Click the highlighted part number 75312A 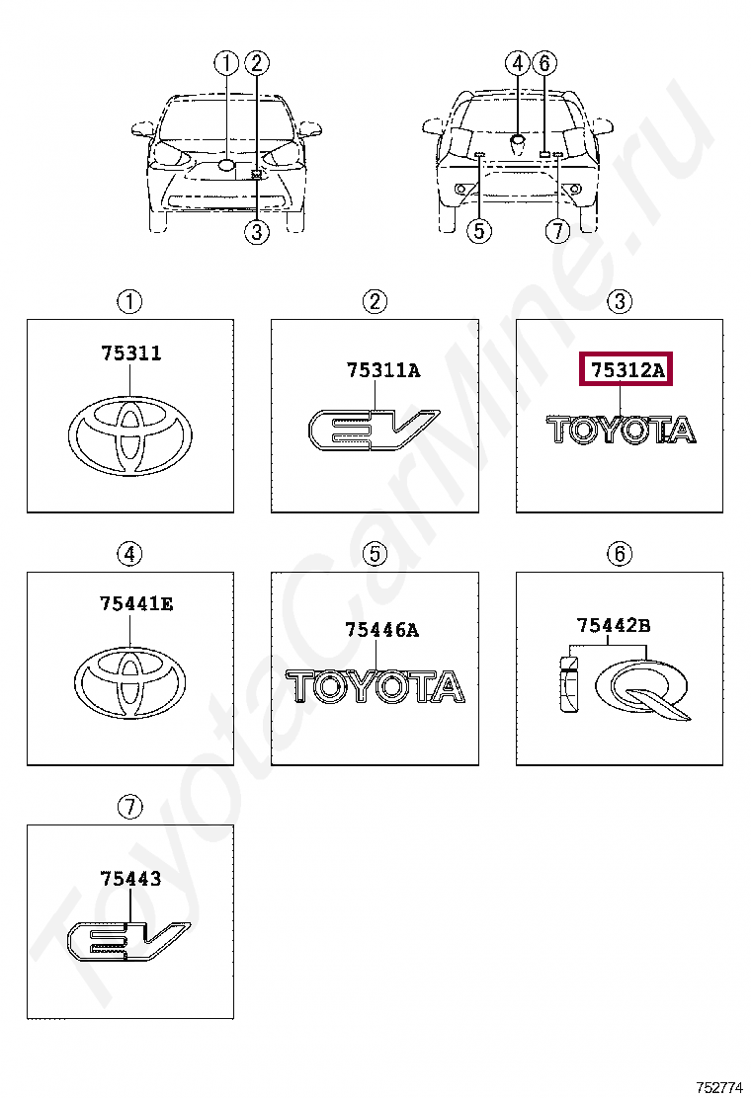[626, 369]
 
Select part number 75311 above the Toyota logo [131, 353]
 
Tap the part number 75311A [383, 369]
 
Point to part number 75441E [136, 603]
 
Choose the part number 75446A [381, 630]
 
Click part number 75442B [613, 625]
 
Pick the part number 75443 [130, 878]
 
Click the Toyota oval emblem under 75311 [130, 434]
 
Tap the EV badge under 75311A [373, 430]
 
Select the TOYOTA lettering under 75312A [621, 430]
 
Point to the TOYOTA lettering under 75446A [375, 687]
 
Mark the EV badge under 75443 [127, 939]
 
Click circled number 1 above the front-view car [226, 64]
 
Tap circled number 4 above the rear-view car [517, 64]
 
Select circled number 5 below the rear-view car [479, 230]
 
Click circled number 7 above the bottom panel [130, 807]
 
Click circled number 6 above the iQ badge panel [620, 555]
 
